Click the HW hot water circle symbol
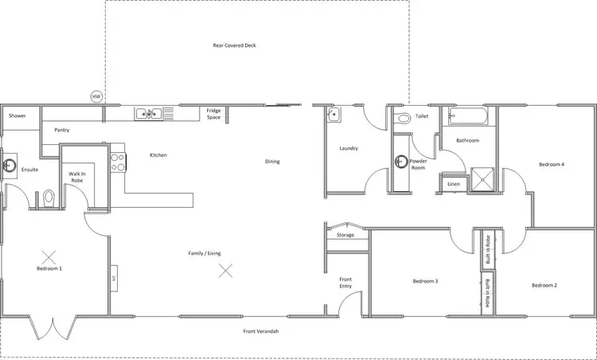[x=96, y=96]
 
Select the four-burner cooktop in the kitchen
[x=118, y=162]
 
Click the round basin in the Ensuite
[x=10, y=166]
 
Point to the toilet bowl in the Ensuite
[x=49, y=196]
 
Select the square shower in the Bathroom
[x=481, y=180]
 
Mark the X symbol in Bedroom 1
[x=49, y=256]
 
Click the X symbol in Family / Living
[x=226, y=271]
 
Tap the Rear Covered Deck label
[x=234, y=45]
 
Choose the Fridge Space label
[x=213, y=113]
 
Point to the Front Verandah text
[x=260, y=331]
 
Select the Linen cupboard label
[x=454, y=184]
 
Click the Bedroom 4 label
[x=552, y=165]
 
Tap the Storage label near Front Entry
[x=345, y=235]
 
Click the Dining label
[x=272, y=162]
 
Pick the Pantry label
[x=62, y=129]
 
